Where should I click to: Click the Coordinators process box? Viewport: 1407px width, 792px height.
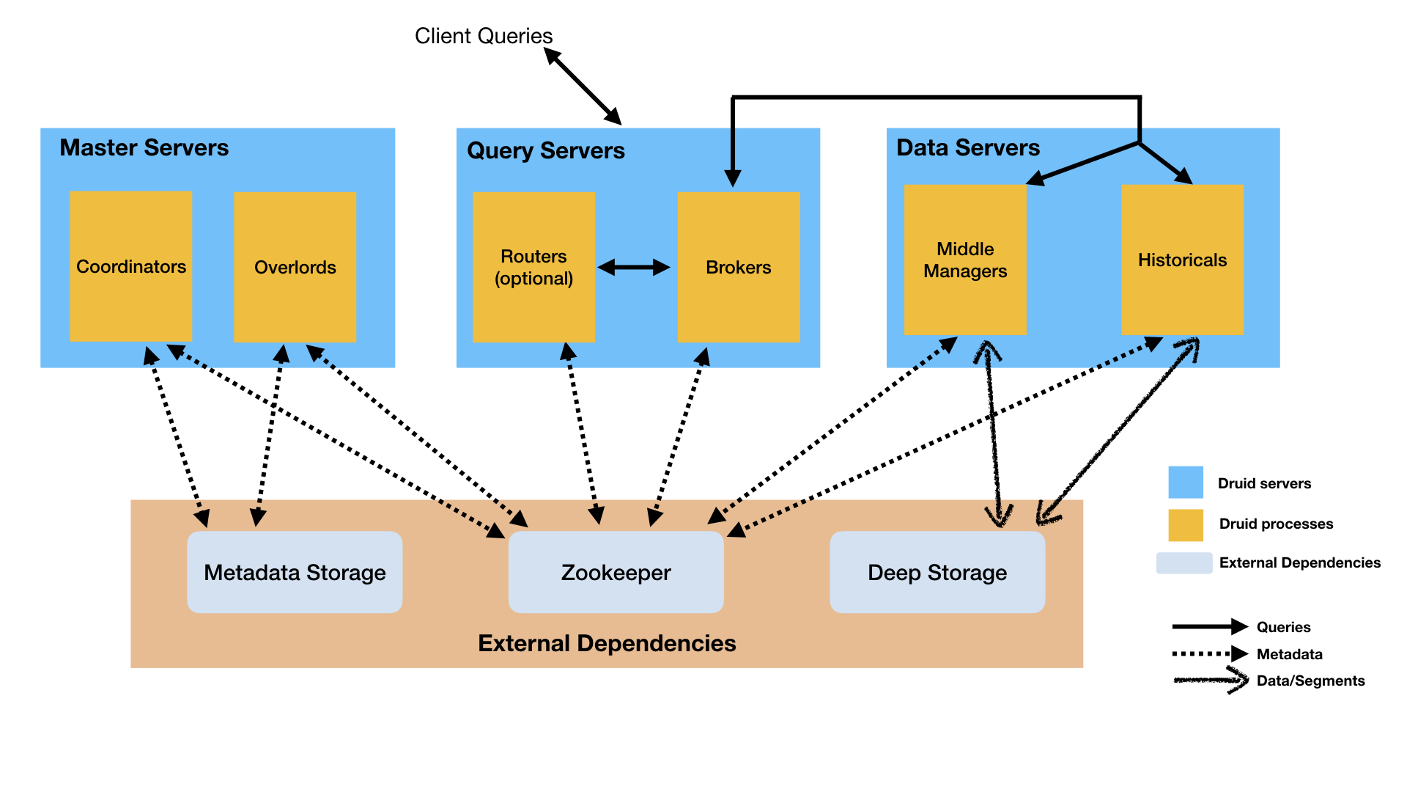point(130,266)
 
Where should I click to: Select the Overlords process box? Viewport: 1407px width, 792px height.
point(295,267)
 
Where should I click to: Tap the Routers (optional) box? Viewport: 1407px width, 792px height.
point(533,267)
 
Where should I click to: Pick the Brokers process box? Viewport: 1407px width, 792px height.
point(738,267)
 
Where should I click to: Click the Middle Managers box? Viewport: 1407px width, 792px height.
point(964,260)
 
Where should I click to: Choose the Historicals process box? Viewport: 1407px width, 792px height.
point(1182,260)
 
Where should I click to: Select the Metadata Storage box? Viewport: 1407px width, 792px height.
point(295,572)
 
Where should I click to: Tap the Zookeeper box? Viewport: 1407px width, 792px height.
point(616,572)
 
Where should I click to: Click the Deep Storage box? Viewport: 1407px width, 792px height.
point(937,572)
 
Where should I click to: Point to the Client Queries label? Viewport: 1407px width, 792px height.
point(483,36)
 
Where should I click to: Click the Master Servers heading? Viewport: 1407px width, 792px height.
point(144,147)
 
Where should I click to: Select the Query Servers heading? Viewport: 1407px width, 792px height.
point(545,150)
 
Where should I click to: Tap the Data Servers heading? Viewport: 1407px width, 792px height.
point(967,147)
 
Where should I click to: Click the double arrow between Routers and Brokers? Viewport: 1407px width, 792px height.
point(634,268)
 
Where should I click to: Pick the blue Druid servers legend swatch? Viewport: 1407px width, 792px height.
point(1185,483)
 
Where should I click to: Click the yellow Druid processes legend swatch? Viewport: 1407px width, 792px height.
point(1185,524)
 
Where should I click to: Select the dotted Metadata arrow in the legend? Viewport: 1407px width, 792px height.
point(1209,653)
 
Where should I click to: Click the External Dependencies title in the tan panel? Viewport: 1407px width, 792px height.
point(607,643)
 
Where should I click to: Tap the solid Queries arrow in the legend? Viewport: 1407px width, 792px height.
point(1209,626)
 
